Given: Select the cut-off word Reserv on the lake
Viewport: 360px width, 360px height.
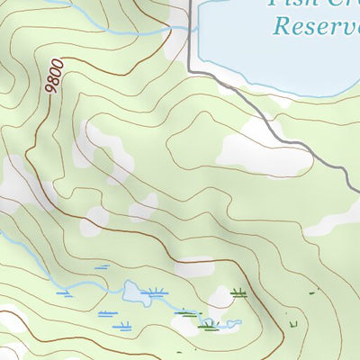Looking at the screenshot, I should coord(316,25).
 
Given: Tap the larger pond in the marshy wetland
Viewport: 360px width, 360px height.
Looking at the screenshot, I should coord(134,292).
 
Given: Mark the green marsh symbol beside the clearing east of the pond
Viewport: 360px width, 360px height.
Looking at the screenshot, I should coord(238,292).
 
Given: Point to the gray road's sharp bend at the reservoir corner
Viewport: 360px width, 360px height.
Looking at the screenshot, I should coord(192,67).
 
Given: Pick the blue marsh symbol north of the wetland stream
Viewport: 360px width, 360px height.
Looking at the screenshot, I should coord(102,267).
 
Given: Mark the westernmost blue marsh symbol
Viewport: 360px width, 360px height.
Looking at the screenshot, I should coord(64,293).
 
